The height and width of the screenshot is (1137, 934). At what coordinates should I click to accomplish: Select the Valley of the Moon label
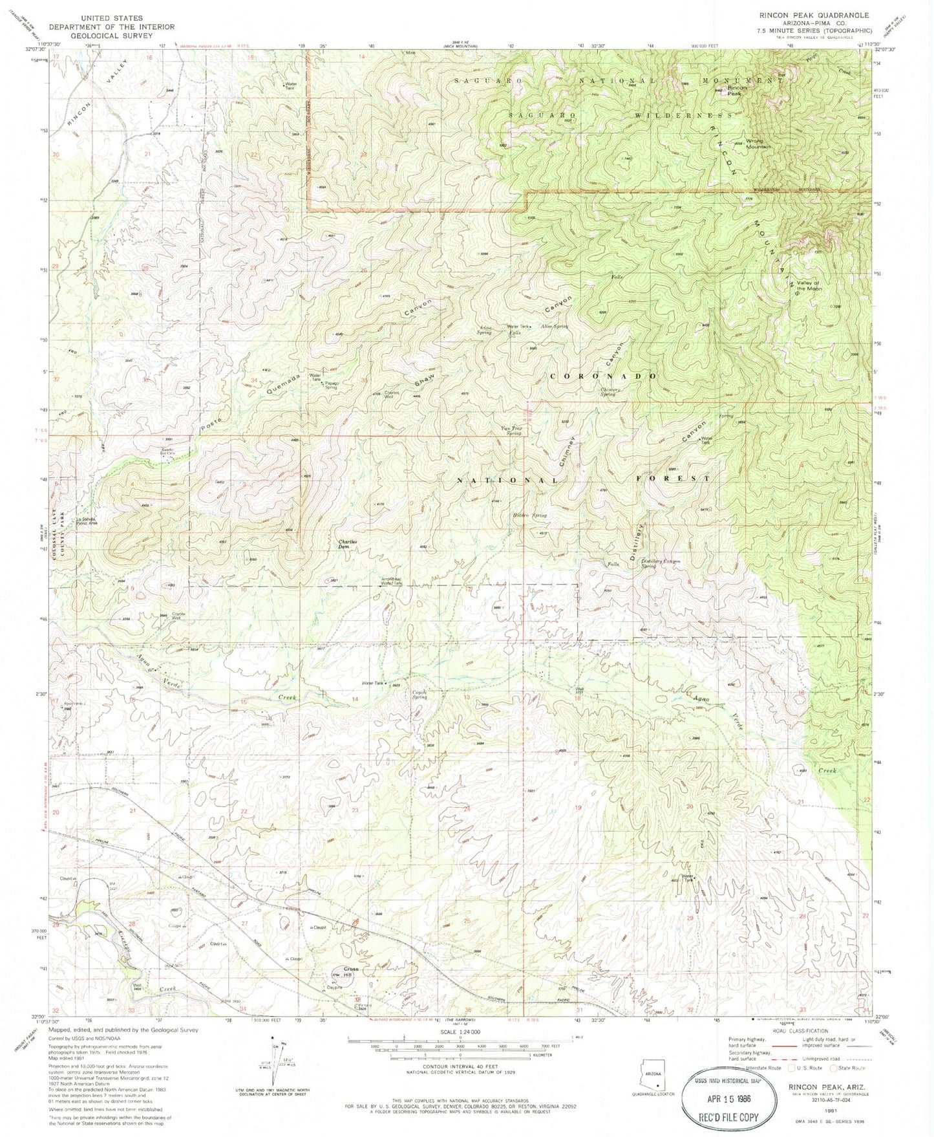pos(807,285)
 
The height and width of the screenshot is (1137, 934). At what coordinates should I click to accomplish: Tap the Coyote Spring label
pos(420,695)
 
